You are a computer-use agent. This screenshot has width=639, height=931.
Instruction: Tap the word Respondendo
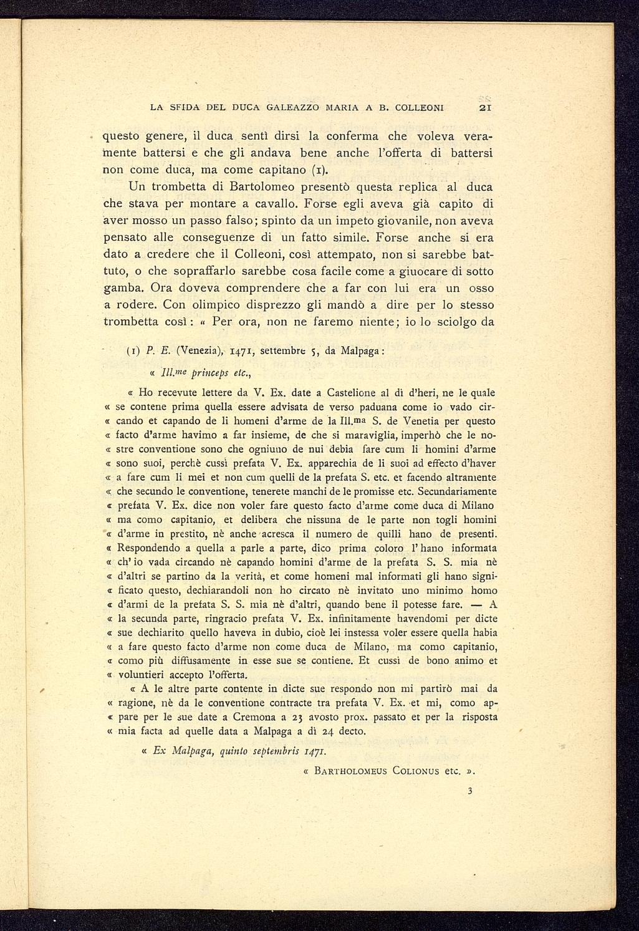click(154, 548)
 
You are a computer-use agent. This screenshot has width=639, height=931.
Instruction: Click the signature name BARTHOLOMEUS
click(352, 771)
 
